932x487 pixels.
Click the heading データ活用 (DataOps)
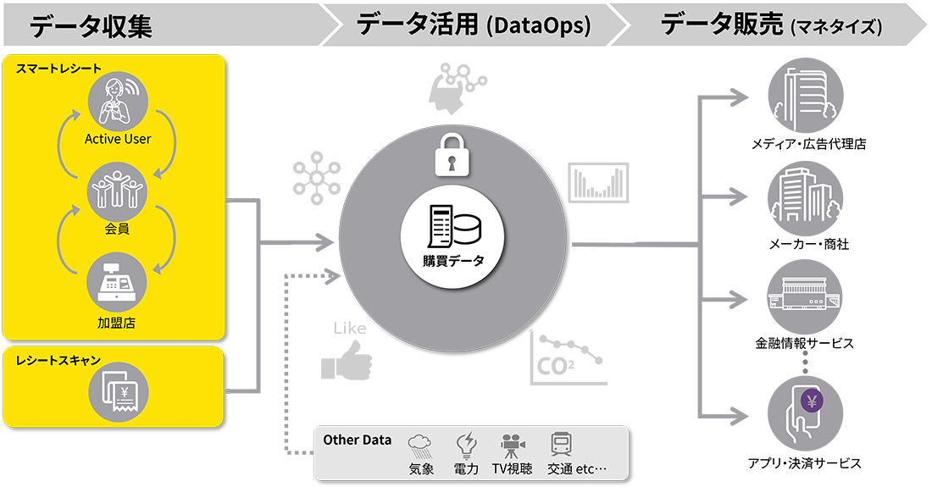(x=473, y=25)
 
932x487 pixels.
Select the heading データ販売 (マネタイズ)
(x=771, y=26)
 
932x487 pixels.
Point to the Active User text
(x=118, y=139)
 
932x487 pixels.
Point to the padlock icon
(x=452, y=153)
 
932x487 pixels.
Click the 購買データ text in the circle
(x=452, y=261)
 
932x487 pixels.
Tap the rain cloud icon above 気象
(x=421, y=445)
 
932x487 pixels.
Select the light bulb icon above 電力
(x=465, y=445)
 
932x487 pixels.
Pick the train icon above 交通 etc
(x=561, y=445)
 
